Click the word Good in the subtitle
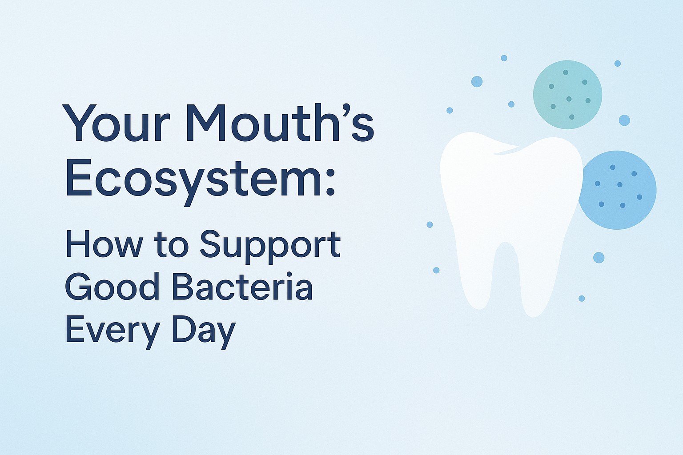pyautogui.click(x=112, y=287)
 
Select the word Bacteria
pyautogui.click(x=242, y=287)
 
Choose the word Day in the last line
pyautogui.click(x=203, y=331)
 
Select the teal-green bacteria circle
pyautogui.click(x=567, y=95)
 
